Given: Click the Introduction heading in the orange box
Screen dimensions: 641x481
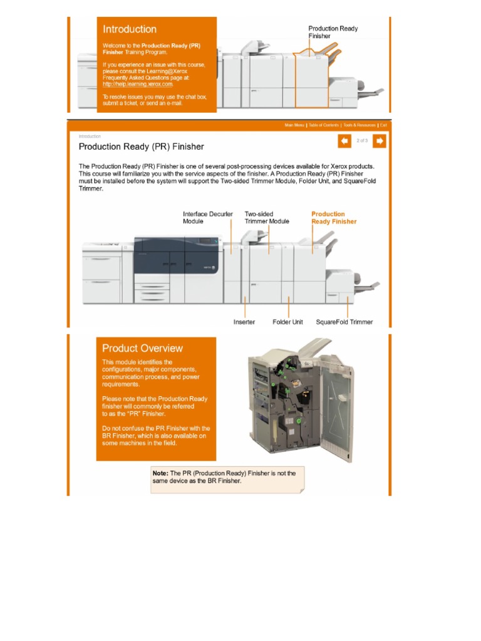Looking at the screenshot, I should pos(130,29).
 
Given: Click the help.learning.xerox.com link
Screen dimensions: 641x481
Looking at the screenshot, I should pos(138,83).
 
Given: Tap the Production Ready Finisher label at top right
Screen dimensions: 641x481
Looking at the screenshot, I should pos(333,32).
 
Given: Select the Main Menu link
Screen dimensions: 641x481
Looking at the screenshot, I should pos(294,125).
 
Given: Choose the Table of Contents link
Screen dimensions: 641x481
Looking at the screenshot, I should pos(323,125).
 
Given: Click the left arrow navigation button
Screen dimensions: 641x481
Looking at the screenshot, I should pos(344,141).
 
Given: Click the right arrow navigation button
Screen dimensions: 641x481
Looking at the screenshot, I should pos(379,141).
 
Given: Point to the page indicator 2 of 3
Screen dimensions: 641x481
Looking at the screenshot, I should pos(362,141).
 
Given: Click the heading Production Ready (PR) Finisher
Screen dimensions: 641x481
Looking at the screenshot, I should pos(141,146).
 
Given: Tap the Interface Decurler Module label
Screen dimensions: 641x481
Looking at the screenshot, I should pos(207,217).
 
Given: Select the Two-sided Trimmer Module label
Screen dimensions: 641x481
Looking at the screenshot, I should pos(267,217).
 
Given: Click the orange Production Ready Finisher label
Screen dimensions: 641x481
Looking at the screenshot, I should pos(334,217).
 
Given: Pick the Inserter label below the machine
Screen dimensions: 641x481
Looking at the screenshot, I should pos(244,322).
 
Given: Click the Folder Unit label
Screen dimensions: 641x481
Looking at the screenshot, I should pos(287,322).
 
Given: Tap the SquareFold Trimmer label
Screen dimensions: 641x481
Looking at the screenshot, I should pos(344,322).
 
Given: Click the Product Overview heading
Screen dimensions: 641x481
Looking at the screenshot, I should pos(142,348).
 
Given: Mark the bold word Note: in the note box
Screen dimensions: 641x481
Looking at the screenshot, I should pos(160,473).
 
